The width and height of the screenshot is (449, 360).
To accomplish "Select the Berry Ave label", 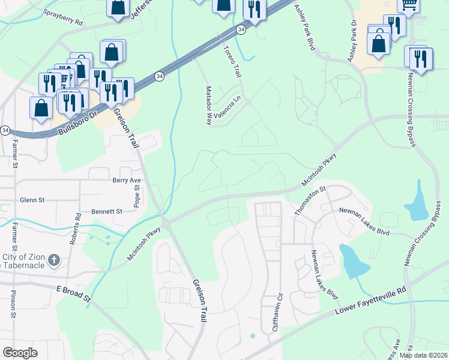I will tap(126, 180).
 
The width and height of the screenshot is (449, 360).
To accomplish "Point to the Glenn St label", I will tap(32, 200).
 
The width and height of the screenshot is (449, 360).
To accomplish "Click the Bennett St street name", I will tap(107, 211).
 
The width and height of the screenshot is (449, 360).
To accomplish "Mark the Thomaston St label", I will tap(309, 200).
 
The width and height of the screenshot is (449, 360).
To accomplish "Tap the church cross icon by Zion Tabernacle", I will tap(54, 260).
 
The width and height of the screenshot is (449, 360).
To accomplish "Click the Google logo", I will tap(20, 353).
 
